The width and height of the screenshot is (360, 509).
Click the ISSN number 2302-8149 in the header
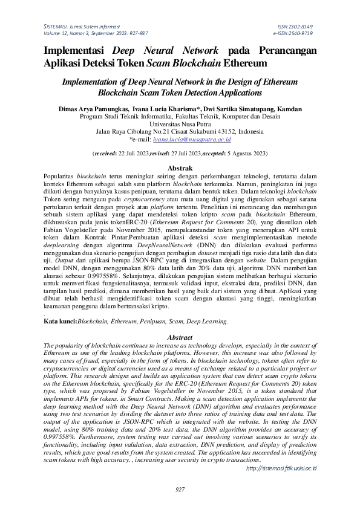pyautogui.click(x=303, y=28)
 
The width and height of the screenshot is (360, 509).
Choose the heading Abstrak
pyautogui.click(x=180, y=167)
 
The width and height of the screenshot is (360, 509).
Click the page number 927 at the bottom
pyautogui.click(x=180, y=489)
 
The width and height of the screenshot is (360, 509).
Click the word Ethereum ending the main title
pyautogui.click(x=245, y=62)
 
